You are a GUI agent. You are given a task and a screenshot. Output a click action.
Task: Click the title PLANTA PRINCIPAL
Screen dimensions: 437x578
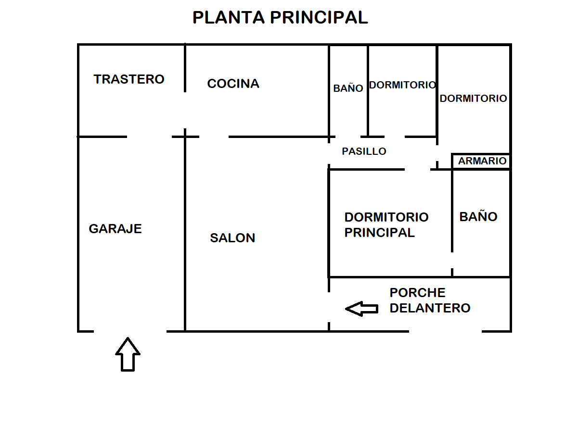(x=280, y=17)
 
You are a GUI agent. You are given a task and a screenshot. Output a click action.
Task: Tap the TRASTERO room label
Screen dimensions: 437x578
(x=129, y=79)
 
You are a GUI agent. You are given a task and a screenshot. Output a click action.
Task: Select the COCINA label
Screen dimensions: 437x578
(x=233, y=84)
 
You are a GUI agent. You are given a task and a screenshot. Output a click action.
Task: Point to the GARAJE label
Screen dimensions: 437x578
(x=116, y=229)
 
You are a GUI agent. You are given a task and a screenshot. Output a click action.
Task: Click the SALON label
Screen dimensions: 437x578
(x=232, y=238)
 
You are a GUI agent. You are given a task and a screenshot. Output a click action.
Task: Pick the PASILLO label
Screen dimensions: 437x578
(x=364, y=151)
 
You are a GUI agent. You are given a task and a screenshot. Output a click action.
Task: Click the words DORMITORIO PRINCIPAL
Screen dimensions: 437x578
(x=386, y=225)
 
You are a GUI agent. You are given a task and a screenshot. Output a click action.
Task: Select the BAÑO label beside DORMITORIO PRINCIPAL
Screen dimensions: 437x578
(x=478, y=217)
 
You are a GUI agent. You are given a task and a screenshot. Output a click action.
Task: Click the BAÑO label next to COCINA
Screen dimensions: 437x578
(x=348, y=88)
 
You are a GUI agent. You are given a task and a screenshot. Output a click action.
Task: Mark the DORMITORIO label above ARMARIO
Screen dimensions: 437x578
(x=473, y=99)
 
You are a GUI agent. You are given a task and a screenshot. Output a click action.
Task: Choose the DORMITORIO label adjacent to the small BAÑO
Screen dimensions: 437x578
(x=402, y=85)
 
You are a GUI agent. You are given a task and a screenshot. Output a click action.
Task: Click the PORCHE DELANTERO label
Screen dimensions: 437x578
(x=430, y=300)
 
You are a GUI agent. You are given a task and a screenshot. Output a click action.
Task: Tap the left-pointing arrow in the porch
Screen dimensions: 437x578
(x=362, y=309)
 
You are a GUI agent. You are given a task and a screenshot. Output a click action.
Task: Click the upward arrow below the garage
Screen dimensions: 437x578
(x=128, y=354)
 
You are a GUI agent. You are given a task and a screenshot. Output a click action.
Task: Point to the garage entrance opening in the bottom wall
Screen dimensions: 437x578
(x=130, y=331)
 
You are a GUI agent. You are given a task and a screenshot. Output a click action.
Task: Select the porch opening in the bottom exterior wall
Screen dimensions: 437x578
(x=445, y=331)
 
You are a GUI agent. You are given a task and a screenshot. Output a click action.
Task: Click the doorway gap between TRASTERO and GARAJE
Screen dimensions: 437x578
(x=149, y=137)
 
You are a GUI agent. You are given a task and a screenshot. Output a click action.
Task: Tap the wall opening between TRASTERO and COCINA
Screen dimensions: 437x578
(x=185, y=110)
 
